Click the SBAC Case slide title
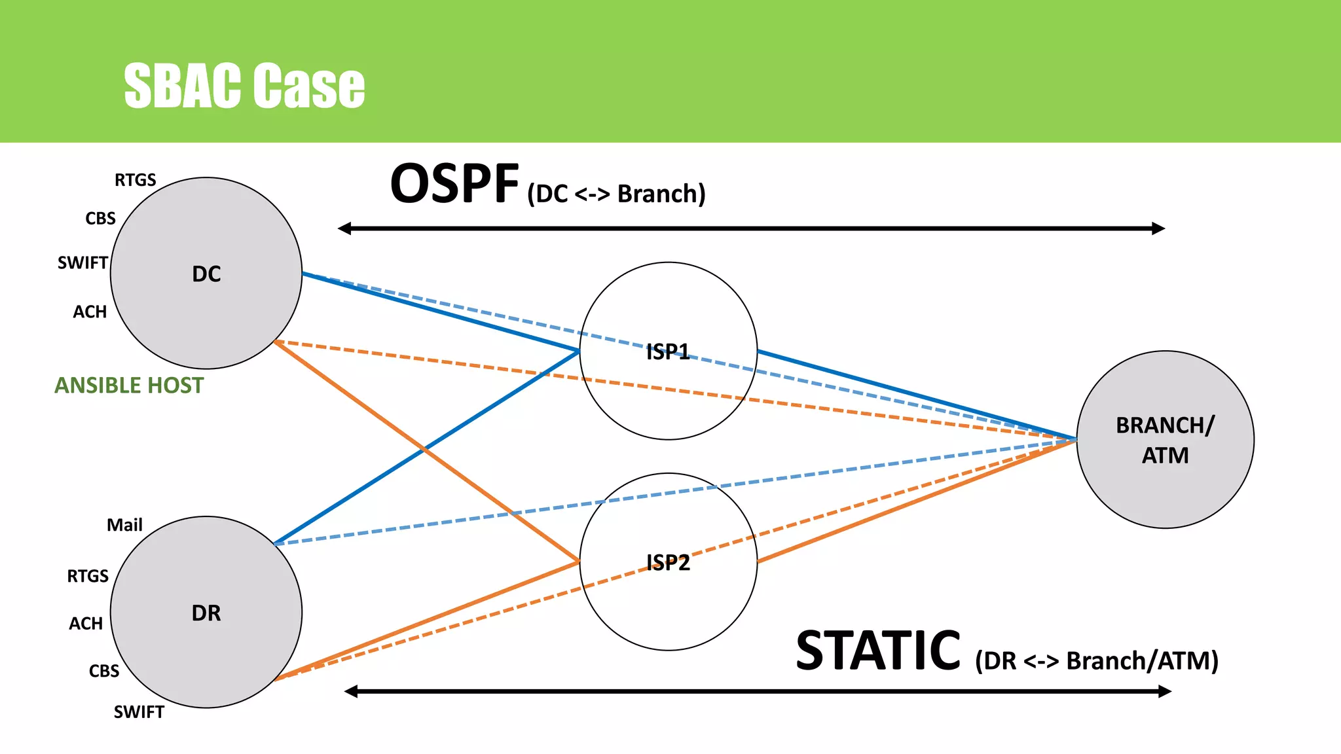coord(244,86)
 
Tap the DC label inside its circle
coord(206,274)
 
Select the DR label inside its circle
coord(206,613)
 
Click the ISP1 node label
coord(668,352)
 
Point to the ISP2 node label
coord(668,563)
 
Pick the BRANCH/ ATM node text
coord(1165,440)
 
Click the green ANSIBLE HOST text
coord(129,386)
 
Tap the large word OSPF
coord(454,185)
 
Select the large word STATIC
coord(878,651)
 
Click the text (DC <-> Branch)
coord(616,194)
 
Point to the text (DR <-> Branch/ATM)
coord(1097,661)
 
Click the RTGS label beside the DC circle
coord(136,180)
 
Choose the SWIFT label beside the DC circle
coord(83,263)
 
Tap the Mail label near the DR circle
coord(124,525)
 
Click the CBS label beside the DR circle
coord(104,671)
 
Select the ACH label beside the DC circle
coord(90,312)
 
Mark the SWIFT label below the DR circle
coord(139,712)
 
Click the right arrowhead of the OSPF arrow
coord(1158,228)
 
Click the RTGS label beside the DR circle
coord(88,576)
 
